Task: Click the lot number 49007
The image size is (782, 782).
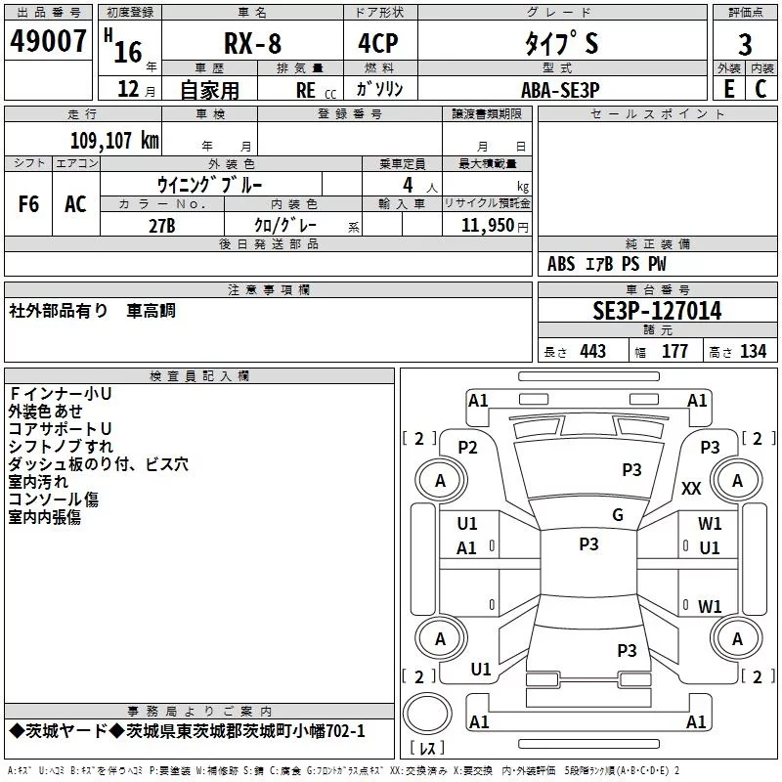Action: (x=49, y=41)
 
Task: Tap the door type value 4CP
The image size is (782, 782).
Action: (x=371, y=44)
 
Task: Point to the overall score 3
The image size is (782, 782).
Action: (x=745, y=44)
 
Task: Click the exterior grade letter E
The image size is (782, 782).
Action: (x=727, y=88)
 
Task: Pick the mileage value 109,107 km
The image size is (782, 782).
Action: (x=114, y=140)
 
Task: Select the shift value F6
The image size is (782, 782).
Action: (x=28, y=204)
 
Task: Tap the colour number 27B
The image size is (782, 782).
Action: (x=161, y=225)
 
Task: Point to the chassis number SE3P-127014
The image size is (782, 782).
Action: (x=657, y=311)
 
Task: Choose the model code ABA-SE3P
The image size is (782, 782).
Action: (x=560, y=89)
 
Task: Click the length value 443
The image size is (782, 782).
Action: (x=592, y=352)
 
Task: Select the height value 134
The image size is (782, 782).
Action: (x=753, y=352)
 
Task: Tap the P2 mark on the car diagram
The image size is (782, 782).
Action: (x=467, y=447)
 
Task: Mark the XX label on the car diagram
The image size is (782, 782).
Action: (x=691, y=489)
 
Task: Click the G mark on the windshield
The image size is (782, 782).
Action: (x=618, y=515)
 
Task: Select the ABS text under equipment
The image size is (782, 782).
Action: (x=561, y=264)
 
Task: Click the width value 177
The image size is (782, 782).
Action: (x=674, y=352)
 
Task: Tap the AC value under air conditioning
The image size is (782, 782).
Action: (x=75, y=204)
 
